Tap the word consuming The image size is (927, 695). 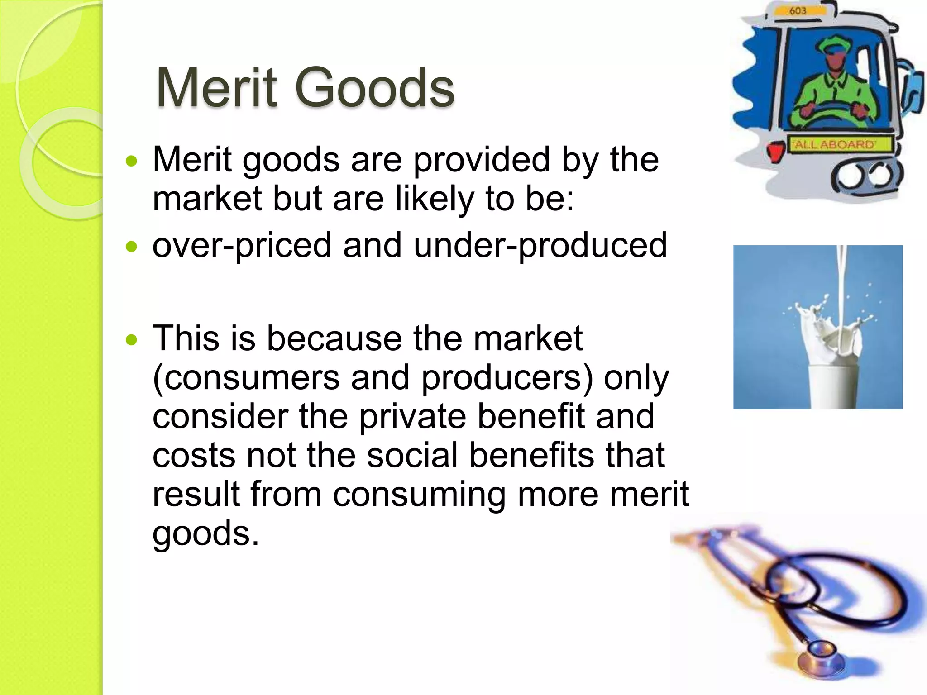click(419, 495)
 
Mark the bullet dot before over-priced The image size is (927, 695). click(131, 247)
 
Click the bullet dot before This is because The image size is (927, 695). click(131, 339)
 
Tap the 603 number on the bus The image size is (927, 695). click(798, 11)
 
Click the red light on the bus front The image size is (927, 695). click(775, 151)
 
